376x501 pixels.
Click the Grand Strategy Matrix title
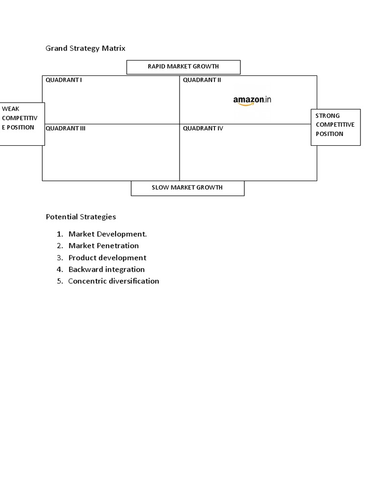pos(86,48)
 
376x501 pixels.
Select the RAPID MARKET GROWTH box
pos(183,67)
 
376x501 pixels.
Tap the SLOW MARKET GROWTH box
pos(188,188)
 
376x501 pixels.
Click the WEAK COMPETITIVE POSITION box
pos(22,124)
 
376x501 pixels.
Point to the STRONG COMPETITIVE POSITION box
pos(335,127)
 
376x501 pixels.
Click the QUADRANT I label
pos(64,80)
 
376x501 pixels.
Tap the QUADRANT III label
pos(66,129)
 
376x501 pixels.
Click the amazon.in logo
pos(252,100)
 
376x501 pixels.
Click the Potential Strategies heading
pos(81,217)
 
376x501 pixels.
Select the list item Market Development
pos(108,234)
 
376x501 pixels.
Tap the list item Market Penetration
pos(104,246)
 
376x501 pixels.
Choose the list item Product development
pos(107,258)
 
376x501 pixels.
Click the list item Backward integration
pos(107,270)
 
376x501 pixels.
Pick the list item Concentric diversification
pos(114,281)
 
